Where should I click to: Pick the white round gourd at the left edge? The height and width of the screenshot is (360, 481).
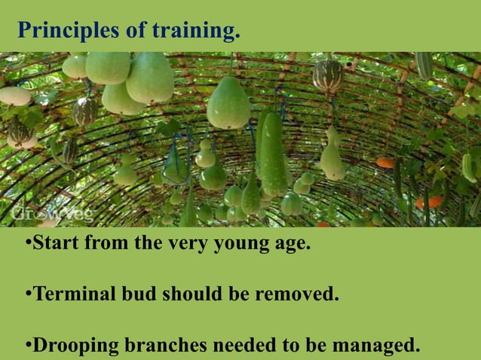point(14,96)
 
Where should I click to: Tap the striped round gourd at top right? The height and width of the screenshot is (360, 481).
point(327,75)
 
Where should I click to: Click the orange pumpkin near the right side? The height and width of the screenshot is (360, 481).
point(386,163)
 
